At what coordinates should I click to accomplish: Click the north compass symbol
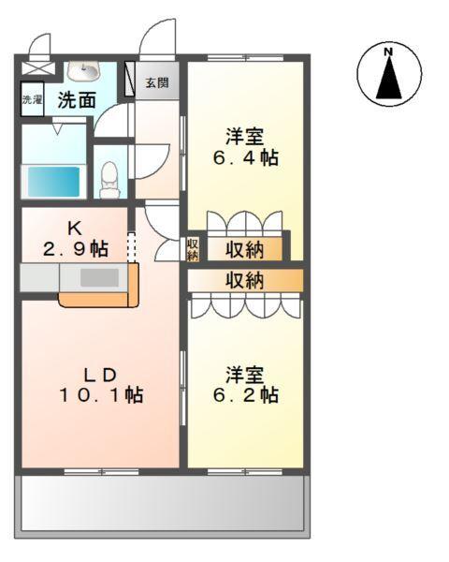(x=389, y=72)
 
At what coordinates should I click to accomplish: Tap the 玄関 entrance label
(x=157, y=82)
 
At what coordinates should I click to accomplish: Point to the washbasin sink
(x=90, y=72)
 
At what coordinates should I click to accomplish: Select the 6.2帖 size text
(x=244, y=395)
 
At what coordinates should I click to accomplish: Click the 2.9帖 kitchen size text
(x=74, y=249)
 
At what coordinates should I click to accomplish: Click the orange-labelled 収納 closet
(x=244, y=280)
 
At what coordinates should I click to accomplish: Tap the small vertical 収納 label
(x=193, y=248)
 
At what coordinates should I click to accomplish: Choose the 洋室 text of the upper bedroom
(x=244, y=133)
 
